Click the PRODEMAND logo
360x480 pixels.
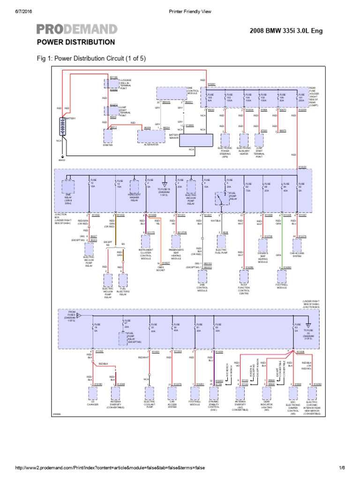[77, 30]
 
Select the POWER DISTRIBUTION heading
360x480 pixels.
[75, 42]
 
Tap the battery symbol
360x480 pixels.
[61, 127]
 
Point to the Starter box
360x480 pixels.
[108, 136]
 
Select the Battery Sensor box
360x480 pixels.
[196, 140]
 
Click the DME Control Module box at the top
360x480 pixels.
[172, 93]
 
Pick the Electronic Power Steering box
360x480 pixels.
[225, 139]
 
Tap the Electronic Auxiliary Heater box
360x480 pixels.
[244, 139]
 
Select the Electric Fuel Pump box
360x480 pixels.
[221, 241]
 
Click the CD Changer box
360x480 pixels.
[93, 392]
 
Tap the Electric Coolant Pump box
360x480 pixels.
[149, 392]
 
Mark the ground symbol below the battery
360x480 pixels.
[61, 157]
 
